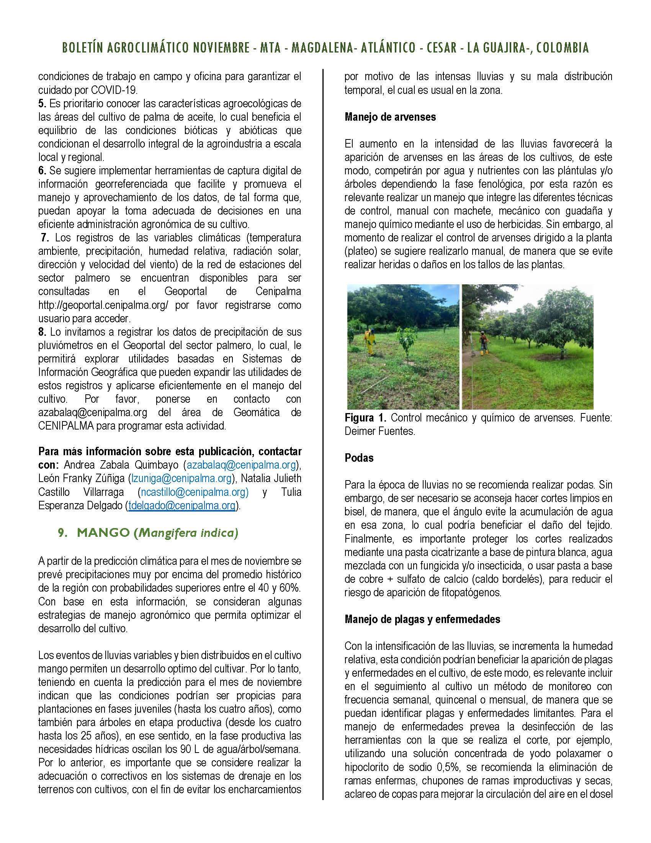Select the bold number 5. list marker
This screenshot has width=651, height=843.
[x=42, y=103]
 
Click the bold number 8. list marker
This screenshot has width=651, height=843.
[x=42, y=331]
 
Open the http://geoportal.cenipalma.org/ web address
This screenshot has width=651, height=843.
[x=103, y=305]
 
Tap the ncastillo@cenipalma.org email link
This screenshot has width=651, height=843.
[x=193, y=492]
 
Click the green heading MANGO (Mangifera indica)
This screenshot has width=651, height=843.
[x=148, y=533]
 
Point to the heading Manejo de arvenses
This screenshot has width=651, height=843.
[x=390, y=117]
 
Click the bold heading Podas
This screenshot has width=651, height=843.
[x=359, y=458]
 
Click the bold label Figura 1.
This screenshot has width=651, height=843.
[x=365, y=418]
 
